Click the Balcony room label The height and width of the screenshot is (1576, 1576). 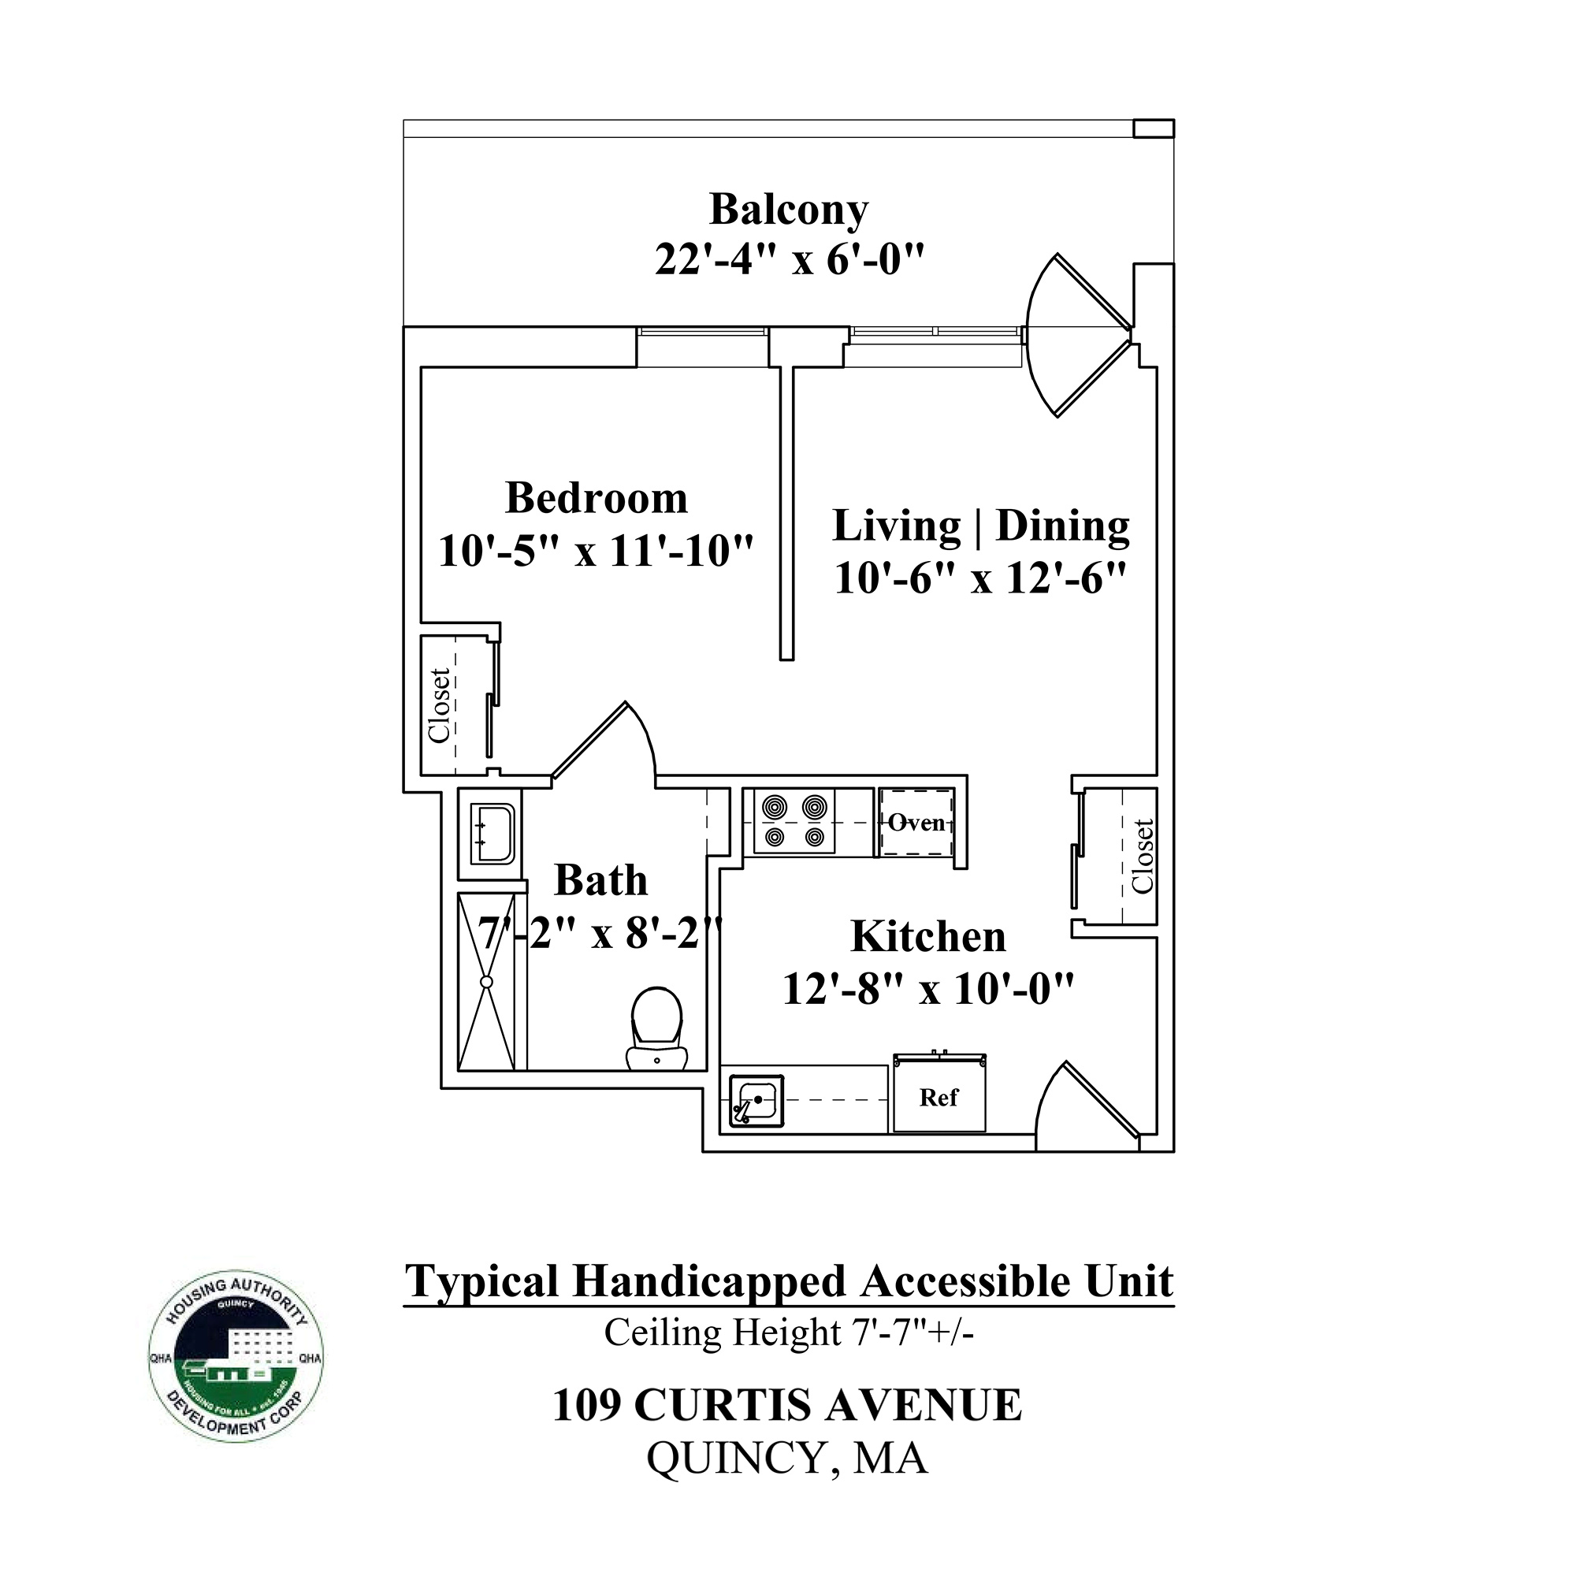788,210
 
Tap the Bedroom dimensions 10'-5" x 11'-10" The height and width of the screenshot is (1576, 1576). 596,552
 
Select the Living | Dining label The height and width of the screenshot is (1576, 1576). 980,526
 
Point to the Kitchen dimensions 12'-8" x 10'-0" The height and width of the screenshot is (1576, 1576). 928,990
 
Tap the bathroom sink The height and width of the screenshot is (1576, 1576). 492,834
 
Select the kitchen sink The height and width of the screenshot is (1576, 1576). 756,1100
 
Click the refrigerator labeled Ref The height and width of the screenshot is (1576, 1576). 939,1097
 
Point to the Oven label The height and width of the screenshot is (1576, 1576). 916,822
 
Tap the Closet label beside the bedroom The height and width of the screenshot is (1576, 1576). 440,705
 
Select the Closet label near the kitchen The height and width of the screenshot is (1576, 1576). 1143,857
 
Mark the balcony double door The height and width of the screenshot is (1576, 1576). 1076,334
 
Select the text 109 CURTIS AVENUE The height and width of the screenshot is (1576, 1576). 787,1406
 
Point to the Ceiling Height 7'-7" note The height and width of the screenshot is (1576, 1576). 788,1333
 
